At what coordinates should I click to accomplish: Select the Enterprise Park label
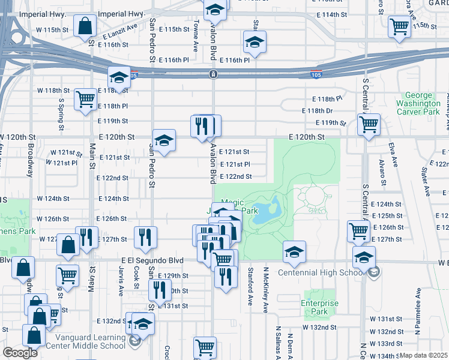(316, 308)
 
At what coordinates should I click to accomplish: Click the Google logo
(20, 353)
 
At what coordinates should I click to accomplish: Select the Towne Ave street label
(196, 36)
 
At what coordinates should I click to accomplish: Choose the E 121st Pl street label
(235, 164)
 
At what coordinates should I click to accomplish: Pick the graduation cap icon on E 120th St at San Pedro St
(163, 140)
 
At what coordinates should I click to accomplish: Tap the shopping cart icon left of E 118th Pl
(85, 99)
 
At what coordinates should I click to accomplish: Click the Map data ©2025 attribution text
(424, 355)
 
